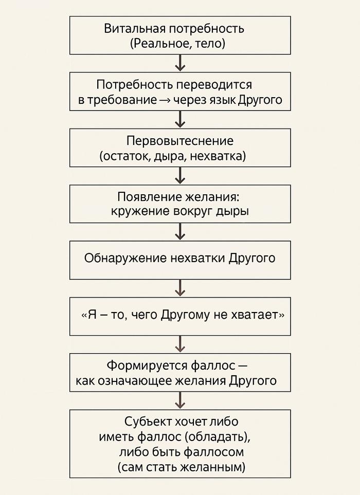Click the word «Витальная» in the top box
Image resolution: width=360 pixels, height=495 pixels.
pos(135,29)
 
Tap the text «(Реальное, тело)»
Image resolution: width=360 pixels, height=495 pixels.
pos(177,44)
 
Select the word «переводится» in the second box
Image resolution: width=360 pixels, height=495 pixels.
pos(214,85)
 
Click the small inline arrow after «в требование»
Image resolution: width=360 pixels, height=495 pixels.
pos(165,100)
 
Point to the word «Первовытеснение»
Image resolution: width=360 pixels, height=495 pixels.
pos(180,141)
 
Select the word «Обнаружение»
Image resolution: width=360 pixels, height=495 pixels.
pos(125,258)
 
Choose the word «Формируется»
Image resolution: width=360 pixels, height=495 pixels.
pos(147,365)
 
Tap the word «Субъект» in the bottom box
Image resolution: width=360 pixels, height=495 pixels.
pos(148,422)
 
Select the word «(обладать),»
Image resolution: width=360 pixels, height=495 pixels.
pos(218,437)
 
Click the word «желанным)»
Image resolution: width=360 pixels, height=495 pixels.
pos(213,467)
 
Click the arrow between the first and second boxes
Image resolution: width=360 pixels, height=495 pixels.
pos(180,63)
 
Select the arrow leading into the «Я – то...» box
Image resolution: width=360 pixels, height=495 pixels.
pos(180,288)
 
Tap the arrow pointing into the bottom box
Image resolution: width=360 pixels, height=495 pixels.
pos(180,400)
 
